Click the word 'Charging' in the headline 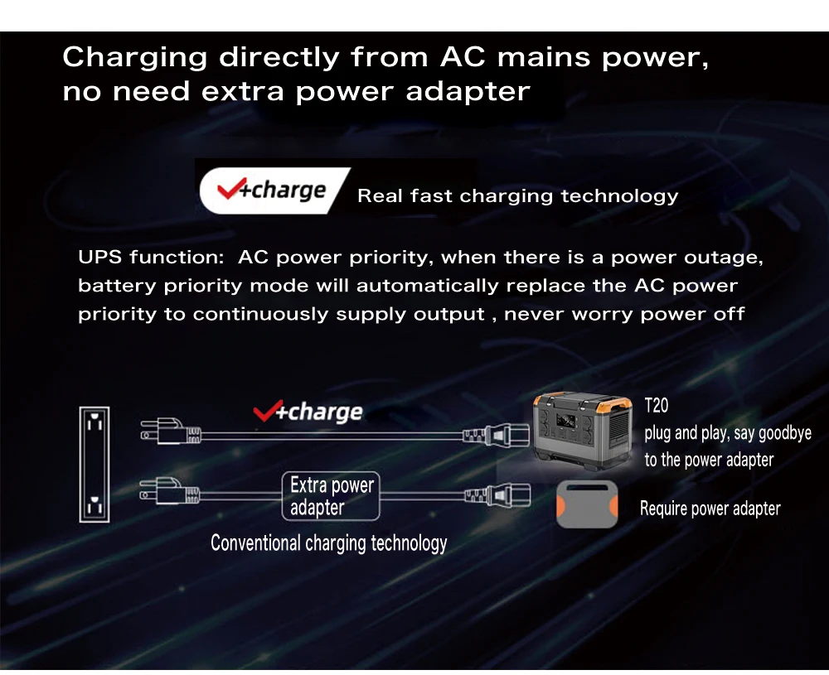point(135,59)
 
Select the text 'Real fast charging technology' point(517,196)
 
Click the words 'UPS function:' point(151,258)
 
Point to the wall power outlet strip point(95,464)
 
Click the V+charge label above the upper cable point(308,412)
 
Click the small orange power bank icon point(587,504)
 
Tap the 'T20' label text point(656,407)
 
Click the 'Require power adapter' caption point(710,509)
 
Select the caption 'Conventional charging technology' point(328,543)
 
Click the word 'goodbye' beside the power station point(784,433)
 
